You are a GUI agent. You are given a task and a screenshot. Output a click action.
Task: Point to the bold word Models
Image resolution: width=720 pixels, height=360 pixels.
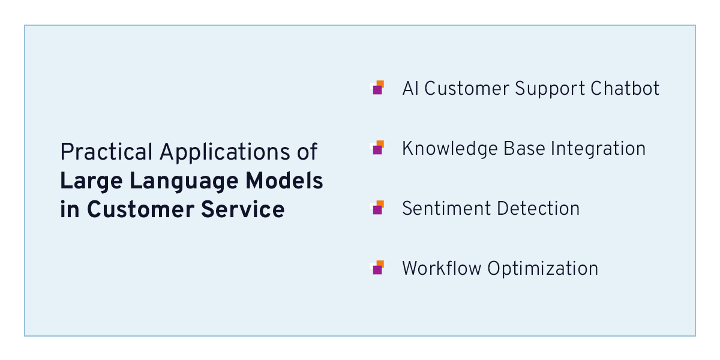289,181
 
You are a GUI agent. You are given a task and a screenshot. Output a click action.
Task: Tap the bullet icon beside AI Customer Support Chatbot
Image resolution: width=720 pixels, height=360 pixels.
378,88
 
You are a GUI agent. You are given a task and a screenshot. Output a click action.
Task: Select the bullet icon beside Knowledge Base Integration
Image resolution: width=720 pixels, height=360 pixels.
378,148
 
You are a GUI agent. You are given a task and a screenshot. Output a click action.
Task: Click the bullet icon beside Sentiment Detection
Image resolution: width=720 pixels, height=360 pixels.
378,208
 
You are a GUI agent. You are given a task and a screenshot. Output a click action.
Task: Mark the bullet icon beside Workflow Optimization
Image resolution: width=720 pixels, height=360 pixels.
378,268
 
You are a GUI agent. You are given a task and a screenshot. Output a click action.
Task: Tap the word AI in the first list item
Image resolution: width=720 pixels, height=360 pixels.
410,88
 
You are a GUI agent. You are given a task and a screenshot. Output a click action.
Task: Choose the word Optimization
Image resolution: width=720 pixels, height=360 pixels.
542,269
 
